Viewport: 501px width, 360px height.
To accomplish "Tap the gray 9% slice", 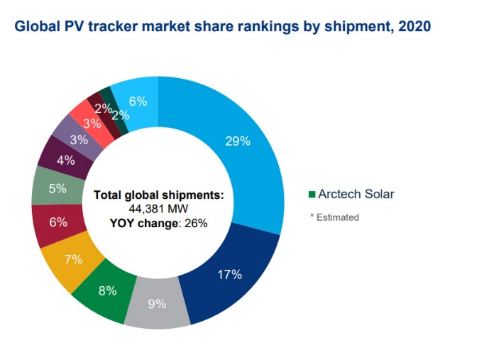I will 157,304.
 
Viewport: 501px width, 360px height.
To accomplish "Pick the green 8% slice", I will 107,290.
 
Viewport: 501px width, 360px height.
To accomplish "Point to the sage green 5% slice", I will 57,189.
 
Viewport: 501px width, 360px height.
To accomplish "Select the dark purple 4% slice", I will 65,160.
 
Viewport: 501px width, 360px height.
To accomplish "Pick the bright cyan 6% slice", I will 133,99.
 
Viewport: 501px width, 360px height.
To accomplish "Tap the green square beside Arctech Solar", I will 312,195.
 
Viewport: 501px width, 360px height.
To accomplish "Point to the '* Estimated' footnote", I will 334,217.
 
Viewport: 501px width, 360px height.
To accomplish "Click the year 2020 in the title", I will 412,26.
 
